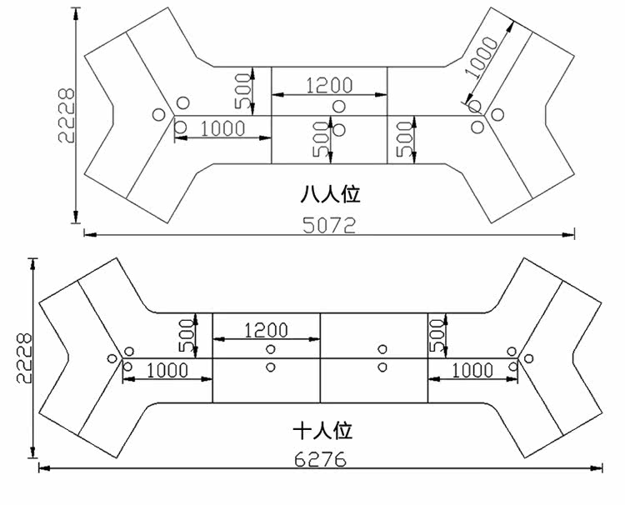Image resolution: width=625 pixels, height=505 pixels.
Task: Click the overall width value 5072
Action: pos(329,225)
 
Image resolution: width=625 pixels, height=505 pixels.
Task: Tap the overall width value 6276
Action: pos(321,459)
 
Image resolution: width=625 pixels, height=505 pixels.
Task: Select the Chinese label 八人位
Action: pos(331,194)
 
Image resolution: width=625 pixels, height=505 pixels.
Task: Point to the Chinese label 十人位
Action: pos(322,431)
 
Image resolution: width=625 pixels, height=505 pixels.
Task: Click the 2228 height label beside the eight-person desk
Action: pos(66,116)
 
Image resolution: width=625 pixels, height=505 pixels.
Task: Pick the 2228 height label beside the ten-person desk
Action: pos(24,358)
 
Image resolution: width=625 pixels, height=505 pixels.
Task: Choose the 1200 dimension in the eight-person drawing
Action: pos(329,85)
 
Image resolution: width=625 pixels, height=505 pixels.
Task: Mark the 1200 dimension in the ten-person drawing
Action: pos(266,331)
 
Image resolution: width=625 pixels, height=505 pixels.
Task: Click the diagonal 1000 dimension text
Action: pos(482,57)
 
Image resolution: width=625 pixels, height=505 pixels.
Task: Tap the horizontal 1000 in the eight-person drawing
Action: pos(222,128)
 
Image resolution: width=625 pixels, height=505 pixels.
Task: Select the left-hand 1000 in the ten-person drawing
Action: pos(167,371)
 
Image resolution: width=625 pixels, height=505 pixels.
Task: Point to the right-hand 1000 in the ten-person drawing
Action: pos(472,371)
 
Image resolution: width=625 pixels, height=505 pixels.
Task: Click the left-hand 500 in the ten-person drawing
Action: pos(187,335)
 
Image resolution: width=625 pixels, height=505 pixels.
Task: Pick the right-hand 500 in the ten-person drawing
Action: pos(437,335)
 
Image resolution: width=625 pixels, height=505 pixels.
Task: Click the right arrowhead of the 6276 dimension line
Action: pos(597,468)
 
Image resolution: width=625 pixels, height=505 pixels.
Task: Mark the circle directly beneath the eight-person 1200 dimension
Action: pos(339,106)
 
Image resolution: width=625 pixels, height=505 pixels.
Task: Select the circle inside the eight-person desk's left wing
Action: pos(158,115)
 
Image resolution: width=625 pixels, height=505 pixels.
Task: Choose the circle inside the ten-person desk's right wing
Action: pos(528,358)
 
